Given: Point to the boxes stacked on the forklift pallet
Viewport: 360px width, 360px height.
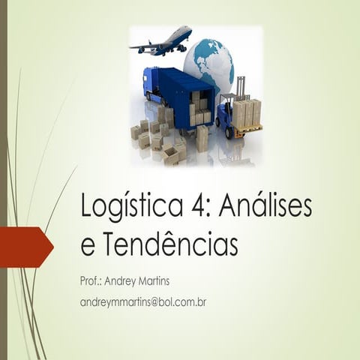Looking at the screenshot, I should [246, 113].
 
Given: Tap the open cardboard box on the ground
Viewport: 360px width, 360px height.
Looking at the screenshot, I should [171, 154].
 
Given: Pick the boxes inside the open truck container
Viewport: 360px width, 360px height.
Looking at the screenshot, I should [200, 108].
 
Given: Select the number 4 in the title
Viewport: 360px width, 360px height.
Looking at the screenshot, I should [200, 206].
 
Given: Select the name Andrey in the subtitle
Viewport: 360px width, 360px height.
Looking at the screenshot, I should [126, 281].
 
